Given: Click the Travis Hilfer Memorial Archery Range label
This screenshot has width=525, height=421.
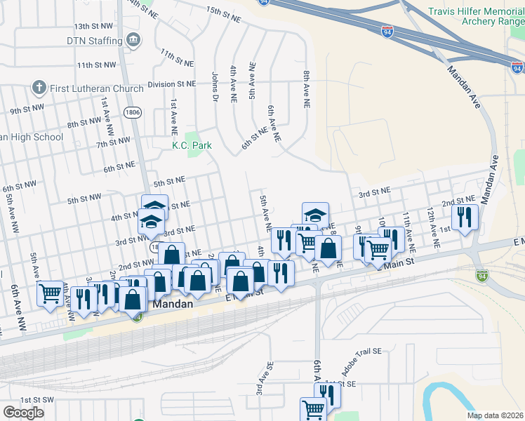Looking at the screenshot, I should pos(477,17).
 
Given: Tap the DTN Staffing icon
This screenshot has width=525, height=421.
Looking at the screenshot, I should pos(133,41).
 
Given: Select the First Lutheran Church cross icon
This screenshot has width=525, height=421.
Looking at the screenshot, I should pos(39,88).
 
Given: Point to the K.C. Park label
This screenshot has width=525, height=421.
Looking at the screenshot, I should pos(187,146).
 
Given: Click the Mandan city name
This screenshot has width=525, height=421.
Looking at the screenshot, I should pos(170,307).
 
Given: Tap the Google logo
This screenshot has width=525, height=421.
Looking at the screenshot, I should pos(24,412).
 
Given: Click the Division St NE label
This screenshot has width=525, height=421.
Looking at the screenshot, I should pos(171,84).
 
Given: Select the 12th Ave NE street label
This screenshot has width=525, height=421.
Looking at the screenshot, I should pos(434,230).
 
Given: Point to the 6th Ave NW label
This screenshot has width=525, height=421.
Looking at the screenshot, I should pos(14,309).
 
